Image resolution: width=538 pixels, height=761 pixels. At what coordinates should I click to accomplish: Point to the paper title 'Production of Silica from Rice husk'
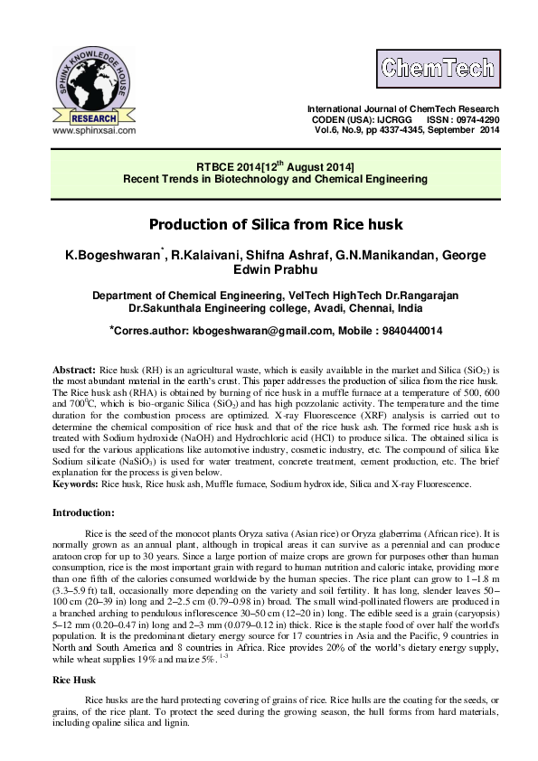click(269, 223)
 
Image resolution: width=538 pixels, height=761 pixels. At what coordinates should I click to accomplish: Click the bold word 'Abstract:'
click(74, 371)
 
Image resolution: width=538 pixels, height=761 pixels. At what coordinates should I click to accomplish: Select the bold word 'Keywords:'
click(76, 484)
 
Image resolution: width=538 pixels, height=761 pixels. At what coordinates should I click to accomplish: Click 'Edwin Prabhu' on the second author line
click(269, 274)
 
